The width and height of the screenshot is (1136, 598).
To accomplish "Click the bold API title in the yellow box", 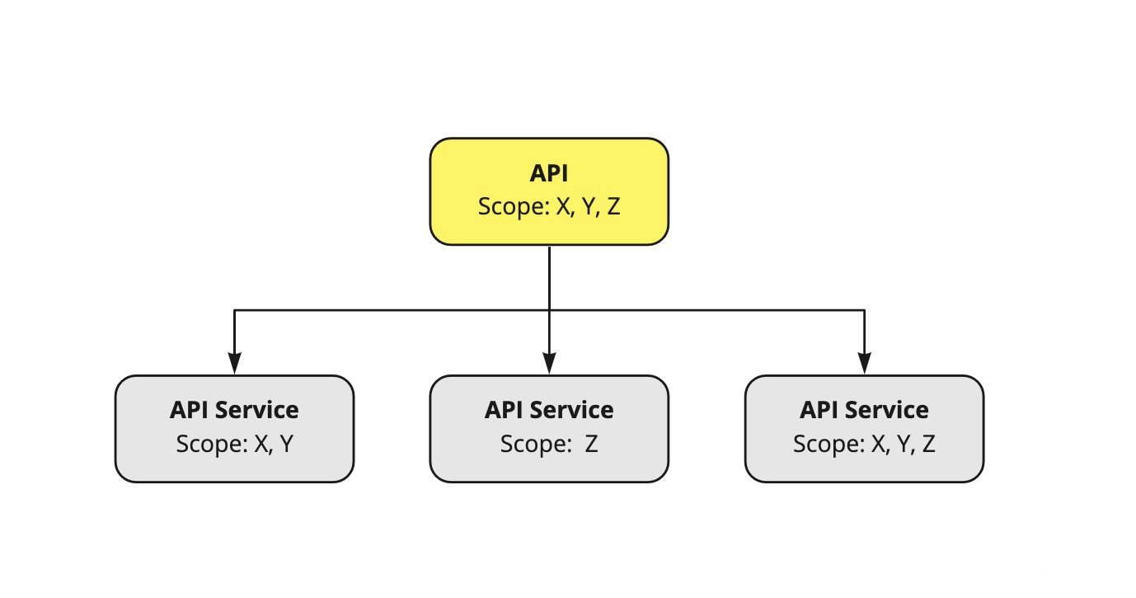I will tap(548, 173).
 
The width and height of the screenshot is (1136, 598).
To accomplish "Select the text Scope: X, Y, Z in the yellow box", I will tap(548, 206).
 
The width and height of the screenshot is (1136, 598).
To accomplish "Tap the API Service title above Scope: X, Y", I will tap(234, 410).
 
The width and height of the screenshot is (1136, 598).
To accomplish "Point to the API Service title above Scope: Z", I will tap(549, 410).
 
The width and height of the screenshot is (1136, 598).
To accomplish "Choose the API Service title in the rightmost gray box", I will tap(864, 410).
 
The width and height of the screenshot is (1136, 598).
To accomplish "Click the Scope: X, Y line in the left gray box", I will tap(234, 444).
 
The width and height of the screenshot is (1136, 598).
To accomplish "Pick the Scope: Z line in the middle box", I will tap(549, 444).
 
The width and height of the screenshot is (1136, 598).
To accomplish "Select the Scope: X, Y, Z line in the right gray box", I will tap(864, 444).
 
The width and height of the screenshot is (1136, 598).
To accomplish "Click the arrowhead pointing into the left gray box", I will tap(235, 364).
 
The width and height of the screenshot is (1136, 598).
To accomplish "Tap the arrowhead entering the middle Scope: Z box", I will tap(550, 364).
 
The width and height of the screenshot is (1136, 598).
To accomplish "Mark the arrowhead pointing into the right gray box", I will tap(864, 364).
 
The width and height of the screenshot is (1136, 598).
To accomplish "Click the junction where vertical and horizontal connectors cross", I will tap(550, 311).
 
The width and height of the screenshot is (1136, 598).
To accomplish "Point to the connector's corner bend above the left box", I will tap(235, 311).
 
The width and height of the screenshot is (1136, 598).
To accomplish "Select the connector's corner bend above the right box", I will tap(864, 311).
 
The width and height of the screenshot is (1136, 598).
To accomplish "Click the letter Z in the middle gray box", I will tap(591, 444).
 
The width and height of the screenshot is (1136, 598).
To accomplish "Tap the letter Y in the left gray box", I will tap(285, 444).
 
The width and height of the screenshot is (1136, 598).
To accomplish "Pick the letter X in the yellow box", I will tap(563, 206).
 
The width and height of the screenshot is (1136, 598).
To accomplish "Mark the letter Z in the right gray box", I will tap(928, 444).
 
